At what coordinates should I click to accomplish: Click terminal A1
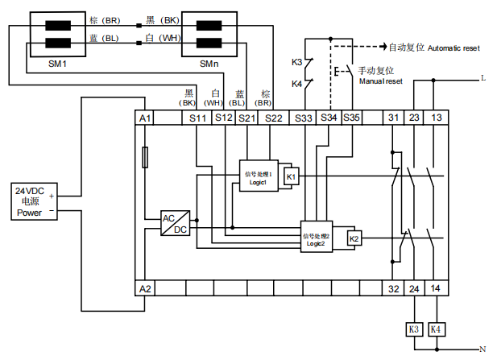click(x=145, y=118)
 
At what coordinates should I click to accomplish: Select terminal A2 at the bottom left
click(x=145, y=288)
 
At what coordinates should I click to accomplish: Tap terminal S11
click(x=197, y=118)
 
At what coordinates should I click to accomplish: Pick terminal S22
click(x=273, y=118)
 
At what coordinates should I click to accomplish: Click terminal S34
click(x=329, y=118)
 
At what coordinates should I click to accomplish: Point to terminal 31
click(x=394, y=118)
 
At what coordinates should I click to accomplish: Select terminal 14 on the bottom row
click(x=436, y=288)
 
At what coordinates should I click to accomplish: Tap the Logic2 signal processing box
click(x=317, y=239)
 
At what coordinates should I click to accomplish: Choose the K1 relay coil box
click(x=292, y=176)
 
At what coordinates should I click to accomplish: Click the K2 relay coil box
click(x=354, y=238)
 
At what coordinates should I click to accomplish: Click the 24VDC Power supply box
click(x=29, y=202)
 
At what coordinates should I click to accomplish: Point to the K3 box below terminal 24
click(x=414, y=329)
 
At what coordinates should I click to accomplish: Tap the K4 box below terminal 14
click(x=436, y=329)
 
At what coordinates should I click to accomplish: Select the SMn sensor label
click(x=206, y=63)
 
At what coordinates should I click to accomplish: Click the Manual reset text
click(x=380, y=81)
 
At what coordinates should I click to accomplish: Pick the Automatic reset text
click(x=435, y=48)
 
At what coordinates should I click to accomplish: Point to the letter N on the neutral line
click(x=483, y=349)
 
